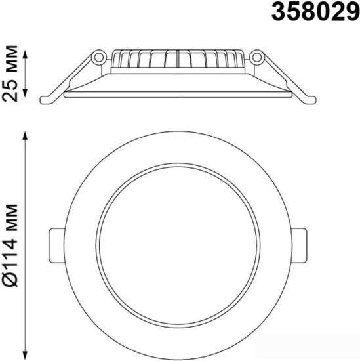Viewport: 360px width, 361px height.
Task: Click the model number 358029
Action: tap(315, 12)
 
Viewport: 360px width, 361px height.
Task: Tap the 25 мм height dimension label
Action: tap(10, 74)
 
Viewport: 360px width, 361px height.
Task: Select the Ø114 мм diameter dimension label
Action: tap(10, 245)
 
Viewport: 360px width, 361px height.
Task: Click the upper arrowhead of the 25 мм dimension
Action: tap(26, 55)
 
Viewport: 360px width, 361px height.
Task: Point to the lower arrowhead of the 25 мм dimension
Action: tap(26, 93)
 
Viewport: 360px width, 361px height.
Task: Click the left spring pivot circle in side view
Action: tap(99, 57)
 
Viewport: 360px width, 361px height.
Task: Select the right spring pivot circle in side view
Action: tap(256, 57)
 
